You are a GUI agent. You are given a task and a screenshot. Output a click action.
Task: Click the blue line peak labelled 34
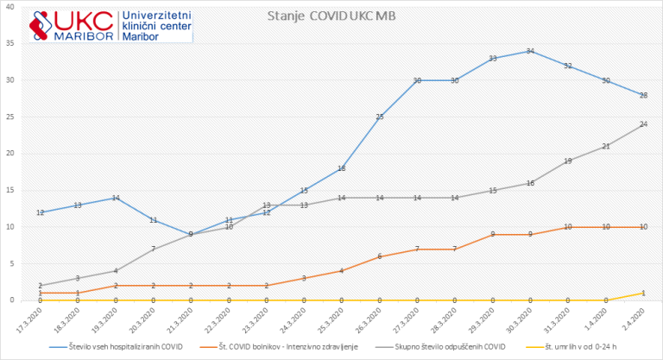[530, 51]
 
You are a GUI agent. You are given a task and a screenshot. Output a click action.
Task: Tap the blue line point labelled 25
[380, 117]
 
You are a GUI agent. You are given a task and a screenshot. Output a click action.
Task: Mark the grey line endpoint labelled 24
[644, 124]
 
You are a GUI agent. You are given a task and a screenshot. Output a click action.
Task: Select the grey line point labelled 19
[568, 161]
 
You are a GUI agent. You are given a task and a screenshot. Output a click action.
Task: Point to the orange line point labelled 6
[380, 256]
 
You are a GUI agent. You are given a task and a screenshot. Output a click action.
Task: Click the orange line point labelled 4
[342, 271]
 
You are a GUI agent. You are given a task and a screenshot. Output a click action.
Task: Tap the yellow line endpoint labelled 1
[644, 293]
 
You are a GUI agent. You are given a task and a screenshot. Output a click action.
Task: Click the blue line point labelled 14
[116, 198]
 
